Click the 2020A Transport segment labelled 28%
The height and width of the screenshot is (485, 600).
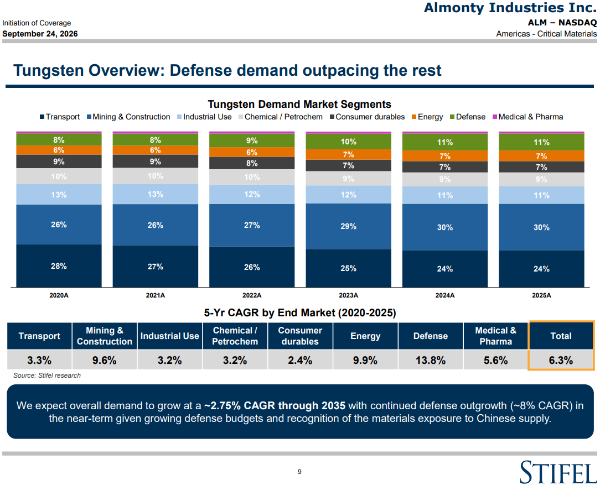pyautogui.click(x=59, y=265)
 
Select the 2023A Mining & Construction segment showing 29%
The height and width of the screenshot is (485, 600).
pyautogui.click(x=348, y=226)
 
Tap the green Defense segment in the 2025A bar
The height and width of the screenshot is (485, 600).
pyautogui.click(x=541, y=142)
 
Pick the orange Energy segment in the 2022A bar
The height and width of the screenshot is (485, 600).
pyautogui.click(x=252, y=152)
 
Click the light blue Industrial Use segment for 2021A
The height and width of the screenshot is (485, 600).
pyautogui.click(x=156, y=194)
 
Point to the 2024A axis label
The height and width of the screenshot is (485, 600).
pyautogui.click(x=444, y=295)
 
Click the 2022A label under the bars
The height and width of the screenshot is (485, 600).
pyautogui.click(x=252, y=295)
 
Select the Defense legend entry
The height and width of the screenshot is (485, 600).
pyautogui.click(x=468, y=117)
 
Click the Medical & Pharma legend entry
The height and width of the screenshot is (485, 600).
pyautogui.click(x=527, y=117)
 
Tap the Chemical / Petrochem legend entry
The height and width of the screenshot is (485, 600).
pyautogui.click(x=281, y=117)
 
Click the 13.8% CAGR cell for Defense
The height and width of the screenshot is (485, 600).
pyautogui.click(x=431, y=360)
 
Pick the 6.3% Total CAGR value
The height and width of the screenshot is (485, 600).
pyautogui.click(x=561, y=360)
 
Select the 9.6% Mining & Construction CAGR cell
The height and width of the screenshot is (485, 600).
pyautogui.click(x=105, y=360)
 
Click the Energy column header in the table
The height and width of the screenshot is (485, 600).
pyautogui.click(x=365, y=336)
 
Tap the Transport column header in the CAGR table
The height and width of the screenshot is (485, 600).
pyautogui.click(x=39, y=336)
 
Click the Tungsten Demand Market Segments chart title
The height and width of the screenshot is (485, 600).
pyautogui.click(x=299, y=105)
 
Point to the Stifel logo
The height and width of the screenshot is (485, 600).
pyautogui.click(x=558, y=472)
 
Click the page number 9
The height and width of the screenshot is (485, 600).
pyautogui.click(x=299, y=472)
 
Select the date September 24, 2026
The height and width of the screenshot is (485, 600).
pyautogui.click(x=40, y=34)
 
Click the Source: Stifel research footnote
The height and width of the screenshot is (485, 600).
pyautogui.click(x=47, y=376)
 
